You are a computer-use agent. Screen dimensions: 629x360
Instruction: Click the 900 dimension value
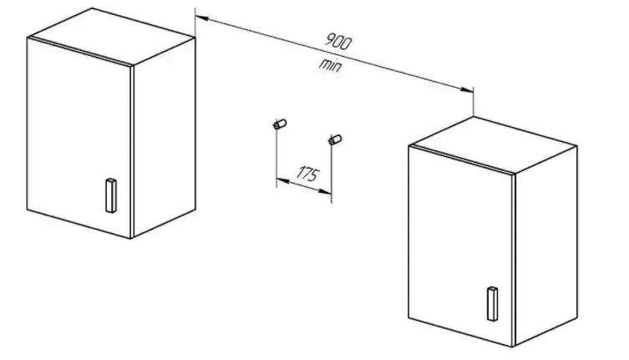(x=338, y=42)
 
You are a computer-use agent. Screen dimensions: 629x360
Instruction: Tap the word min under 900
(x=331, y=65)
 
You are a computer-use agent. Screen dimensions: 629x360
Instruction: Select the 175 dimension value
(x=308, y=174)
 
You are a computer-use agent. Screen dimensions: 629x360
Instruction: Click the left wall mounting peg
(x=280, y=124)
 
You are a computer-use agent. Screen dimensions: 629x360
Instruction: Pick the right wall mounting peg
(x=335, y=139)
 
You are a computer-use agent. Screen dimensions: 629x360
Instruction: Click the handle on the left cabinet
(x=111, y=195)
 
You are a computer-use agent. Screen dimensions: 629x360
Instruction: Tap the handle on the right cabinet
(x=493, y=304)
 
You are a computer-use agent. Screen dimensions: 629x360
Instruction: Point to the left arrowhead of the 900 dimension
(x=202, y=18)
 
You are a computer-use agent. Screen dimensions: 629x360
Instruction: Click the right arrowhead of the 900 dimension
(x=467, y=89)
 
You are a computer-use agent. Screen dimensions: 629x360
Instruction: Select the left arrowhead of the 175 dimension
(x=282, y=181)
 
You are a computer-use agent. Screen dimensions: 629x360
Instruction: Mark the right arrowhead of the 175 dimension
(x=325, y=192)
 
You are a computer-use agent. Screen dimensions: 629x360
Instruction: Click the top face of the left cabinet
(x=111, y=37)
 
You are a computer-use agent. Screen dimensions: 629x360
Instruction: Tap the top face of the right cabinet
(x=493, y=145)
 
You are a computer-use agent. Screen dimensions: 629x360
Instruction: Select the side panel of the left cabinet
(x=164, y=136)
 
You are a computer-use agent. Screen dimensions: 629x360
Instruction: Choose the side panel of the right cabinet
(x=545, y=246)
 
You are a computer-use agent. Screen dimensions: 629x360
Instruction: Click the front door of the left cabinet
(x=79, y=137)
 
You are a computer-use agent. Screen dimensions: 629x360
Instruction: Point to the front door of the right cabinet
(x=460, y=246)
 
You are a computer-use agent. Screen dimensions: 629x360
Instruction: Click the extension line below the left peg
(x=276, y=158)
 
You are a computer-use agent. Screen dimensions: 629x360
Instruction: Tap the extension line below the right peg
(x=332, y=174)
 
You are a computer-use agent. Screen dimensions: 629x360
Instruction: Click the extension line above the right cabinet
(x=474, y=102)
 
